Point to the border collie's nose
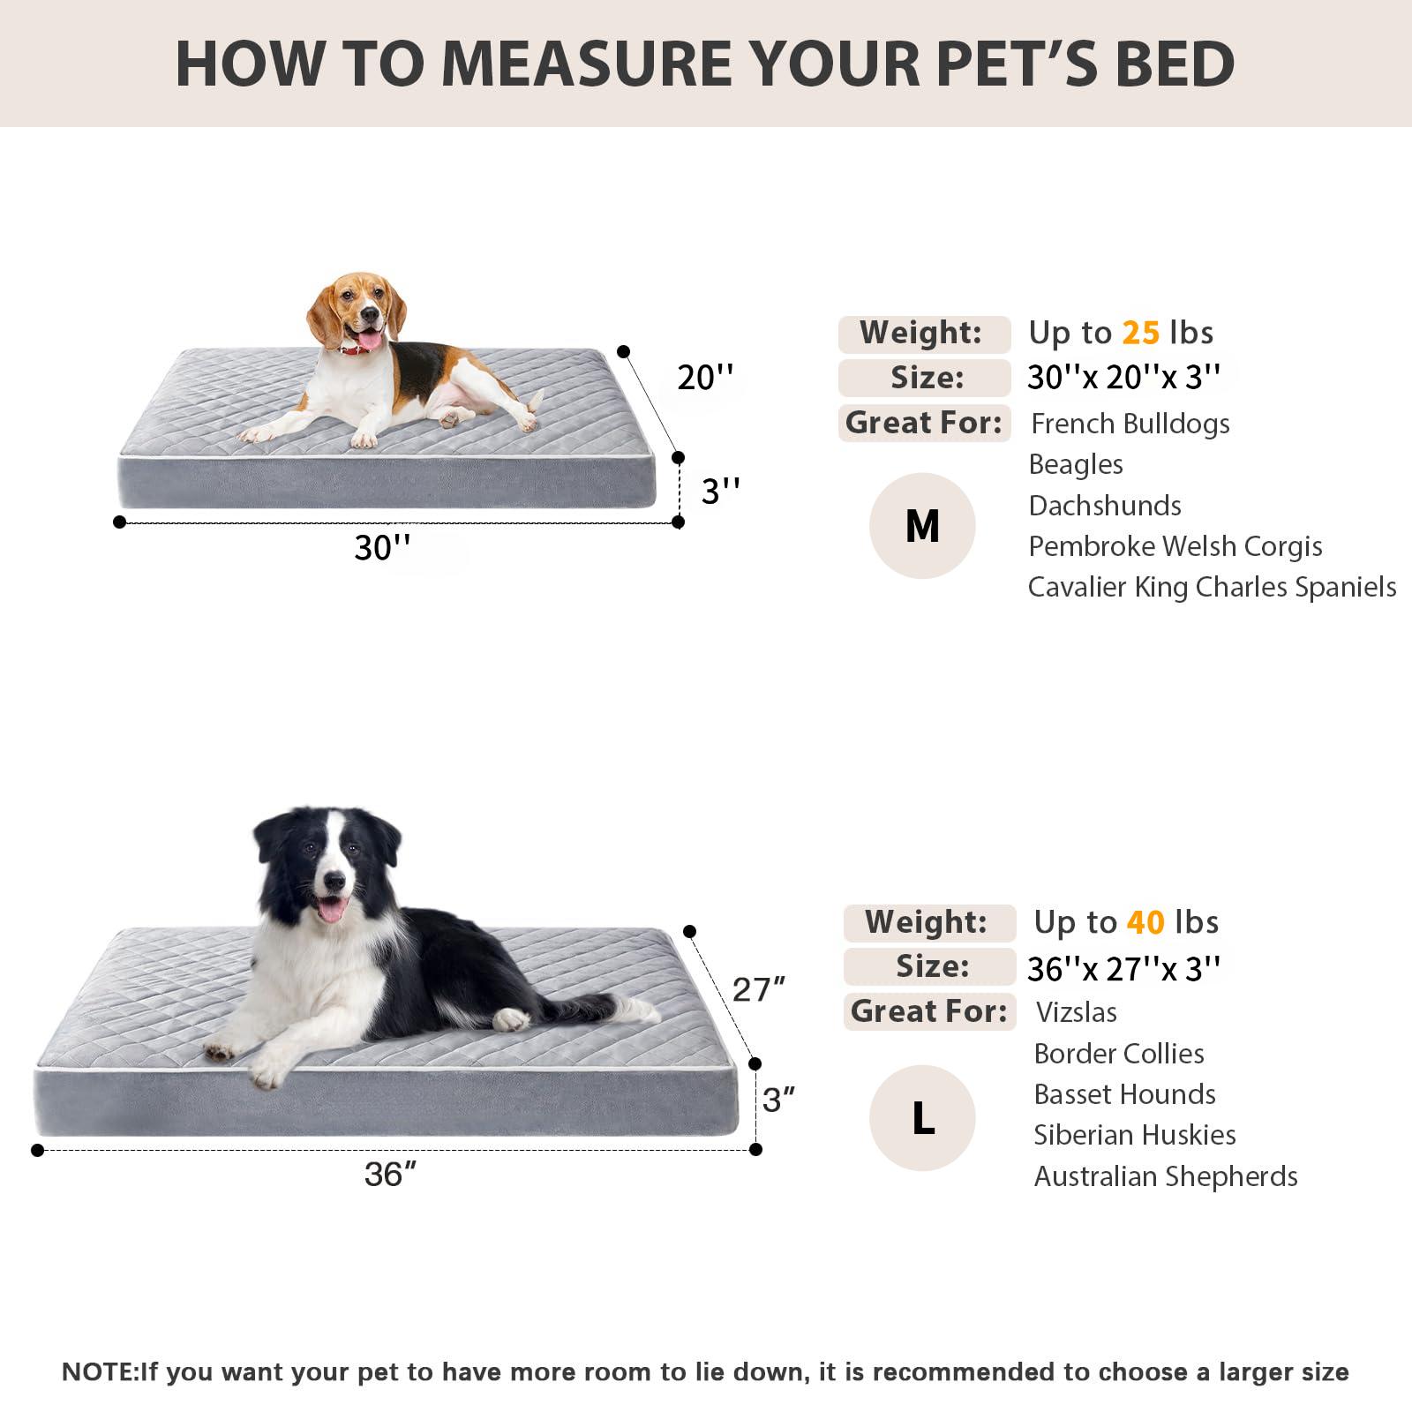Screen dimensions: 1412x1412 pos(334,881)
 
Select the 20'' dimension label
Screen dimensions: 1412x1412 pos(705,378)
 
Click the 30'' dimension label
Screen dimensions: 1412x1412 pos(382,548)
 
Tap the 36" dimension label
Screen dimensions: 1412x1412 pos(390,1175)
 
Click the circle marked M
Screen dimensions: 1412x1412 pos(922,526)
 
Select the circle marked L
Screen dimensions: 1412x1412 pos(922,1118)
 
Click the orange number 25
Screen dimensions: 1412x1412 pos(1140,333)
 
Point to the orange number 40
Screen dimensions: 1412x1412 pos(1145,922)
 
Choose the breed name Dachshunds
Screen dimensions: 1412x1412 pos(1105,506)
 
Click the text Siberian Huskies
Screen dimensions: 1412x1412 pos(1134,1135)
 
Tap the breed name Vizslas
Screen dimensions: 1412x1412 pos(1076,1012)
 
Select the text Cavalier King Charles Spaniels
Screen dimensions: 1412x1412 pos(1212,587)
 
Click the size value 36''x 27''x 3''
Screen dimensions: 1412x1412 pos(1123,969)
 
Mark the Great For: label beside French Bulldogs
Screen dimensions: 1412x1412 pos(923,423)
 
